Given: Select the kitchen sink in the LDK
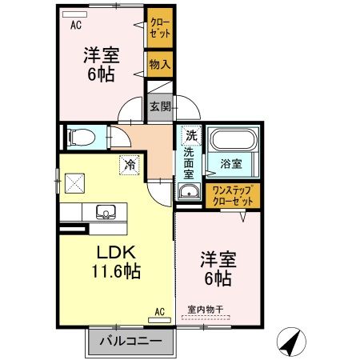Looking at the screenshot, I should coord(105,212).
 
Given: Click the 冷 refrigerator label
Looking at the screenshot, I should coord(129,165).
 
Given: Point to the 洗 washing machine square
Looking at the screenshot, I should coord(190,135).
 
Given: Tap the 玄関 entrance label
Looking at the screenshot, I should coord(158,105).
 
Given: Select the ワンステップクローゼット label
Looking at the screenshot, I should coord(231,194).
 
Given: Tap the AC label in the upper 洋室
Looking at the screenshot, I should coord(76,24).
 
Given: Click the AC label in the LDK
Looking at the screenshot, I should coord(158,310).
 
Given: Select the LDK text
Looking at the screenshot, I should coord(114,250).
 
